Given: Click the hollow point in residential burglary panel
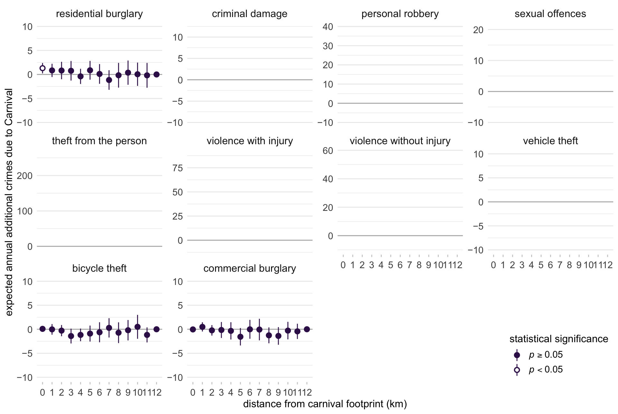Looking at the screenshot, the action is coord(42,68).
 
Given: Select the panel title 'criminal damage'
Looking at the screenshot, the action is coord(249,14).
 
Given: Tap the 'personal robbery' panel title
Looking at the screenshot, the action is coord(400,14).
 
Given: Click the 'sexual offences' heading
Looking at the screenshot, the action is coord(550,14).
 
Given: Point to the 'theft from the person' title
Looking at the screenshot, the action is coord(99,141).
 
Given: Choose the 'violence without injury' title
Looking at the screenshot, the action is coord(400,141).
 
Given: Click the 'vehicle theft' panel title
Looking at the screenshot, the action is coord(550,141).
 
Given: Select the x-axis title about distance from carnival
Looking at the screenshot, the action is coord(325,404).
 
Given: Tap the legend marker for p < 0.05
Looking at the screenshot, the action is coord(517,370).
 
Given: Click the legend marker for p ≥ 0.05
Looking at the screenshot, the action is coord(517,355).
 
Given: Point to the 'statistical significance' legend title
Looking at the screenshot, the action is coord(559,339).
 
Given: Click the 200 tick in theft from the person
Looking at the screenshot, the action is coord(25,176).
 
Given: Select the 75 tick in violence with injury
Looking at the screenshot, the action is coord(178,168).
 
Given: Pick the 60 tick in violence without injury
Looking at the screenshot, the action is coord(328,151).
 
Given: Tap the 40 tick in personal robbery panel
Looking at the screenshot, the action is coord(328,27).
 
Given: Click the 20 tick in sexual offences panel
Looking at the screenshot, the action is coord(478,30).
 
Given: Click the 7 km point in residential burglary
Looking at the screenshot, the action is coord(109,80).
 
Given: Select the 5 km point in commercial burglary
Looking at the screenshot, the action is coord(240,337).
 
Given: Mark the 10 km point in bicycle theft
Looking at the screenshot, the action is coord(137,327).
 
